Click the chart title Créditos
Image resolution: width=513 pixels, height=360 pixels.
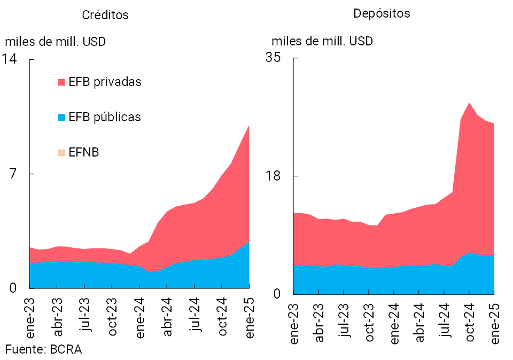[105, 15]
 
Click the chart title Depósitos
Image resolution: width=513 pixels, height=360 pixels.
[382, 13]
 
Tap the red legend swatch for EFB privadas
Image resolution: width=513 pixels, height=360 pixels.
[61, 82]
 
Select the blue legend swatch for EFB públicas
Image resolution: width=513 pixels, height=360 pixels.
[61, 117]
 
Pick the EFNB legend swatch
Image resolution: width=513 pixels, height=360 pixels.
[61, 153]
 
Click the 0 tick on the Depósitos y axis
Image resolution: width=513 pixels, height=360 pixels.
[278, 294]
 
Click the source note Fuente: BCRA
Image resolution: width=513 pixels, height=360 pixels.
[44, 349]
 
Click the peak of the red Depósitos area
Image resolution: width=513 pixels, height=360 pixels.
[469, 103]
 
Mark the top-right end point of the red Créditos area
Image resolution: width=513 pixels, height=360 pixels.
[249, 126]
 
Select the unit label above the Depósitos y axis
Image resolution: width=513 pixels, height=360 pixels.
[322, 41]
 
